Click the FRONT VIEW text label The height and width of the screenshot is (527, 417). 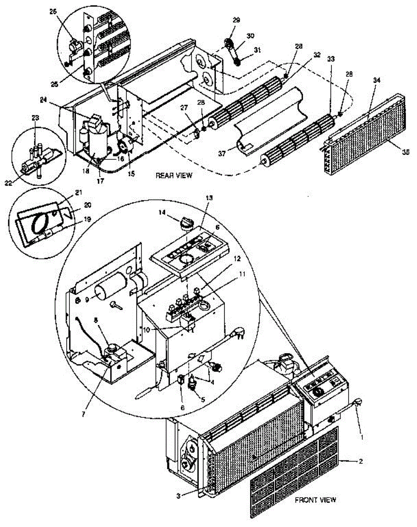tap(315, 500)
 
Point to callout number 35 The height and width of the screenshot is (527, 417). tap(405, 152)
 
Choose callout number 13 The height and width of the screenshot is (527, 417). tap(209, 198)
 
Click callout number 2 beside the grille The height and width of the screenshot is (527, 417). tap(360, 462)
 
